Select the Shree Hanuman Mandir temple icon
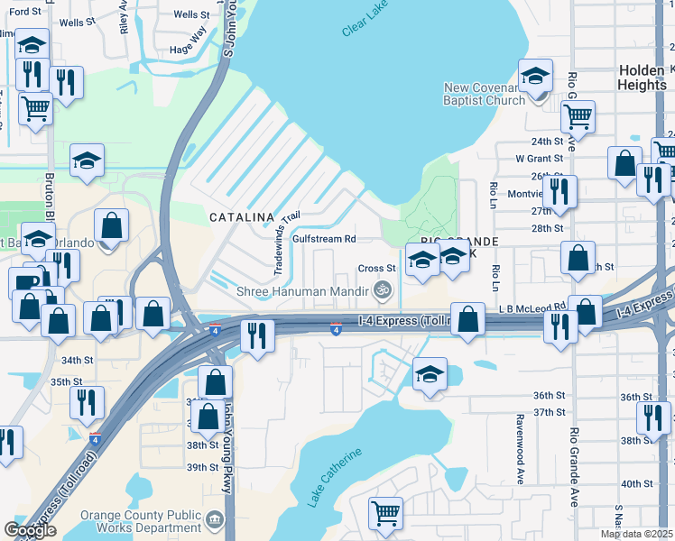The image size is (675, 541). point(384,289)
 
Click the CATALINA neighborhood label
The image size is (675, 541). point(241,217)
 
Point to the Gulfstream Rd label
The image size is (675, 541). point(329,240)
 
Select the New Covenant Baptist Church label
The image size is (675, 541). point(484,94)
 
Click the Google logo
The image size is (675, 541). point(30,530)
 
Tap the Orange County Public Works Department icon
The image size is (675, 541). point(214,520)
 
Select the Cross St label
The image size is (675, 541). point(377,268)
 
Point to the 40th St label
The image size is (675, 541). point(636,483)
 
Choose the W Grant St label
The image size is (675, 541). point(539,159)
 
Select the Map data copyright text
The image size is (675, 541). point(636,534)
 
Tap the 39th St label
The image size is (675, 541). point(202,467)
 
